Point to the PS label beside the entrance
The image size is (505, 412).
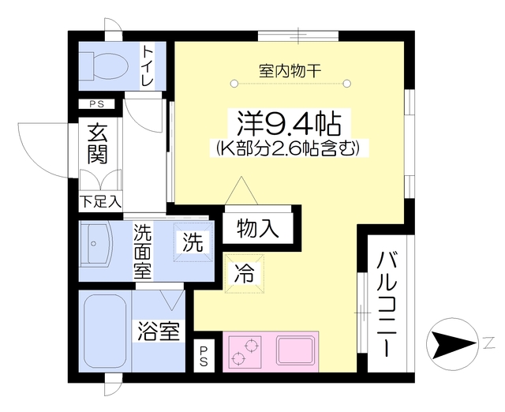click(x=96, y=104)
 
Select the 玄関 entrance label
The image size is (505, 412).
click(x=97, y=144)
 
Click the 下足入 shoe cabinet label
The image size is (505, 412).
click(x=99, y=202)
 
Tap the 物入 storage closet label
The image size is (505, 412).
click(x=257, y=229)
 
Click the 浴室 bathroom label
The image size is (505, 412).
click(x=158, y=331)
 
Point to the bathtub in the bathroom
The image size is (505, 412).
click(x=105, y=331)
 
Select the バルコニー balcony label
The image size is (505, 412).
click(x=386, y=304)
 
